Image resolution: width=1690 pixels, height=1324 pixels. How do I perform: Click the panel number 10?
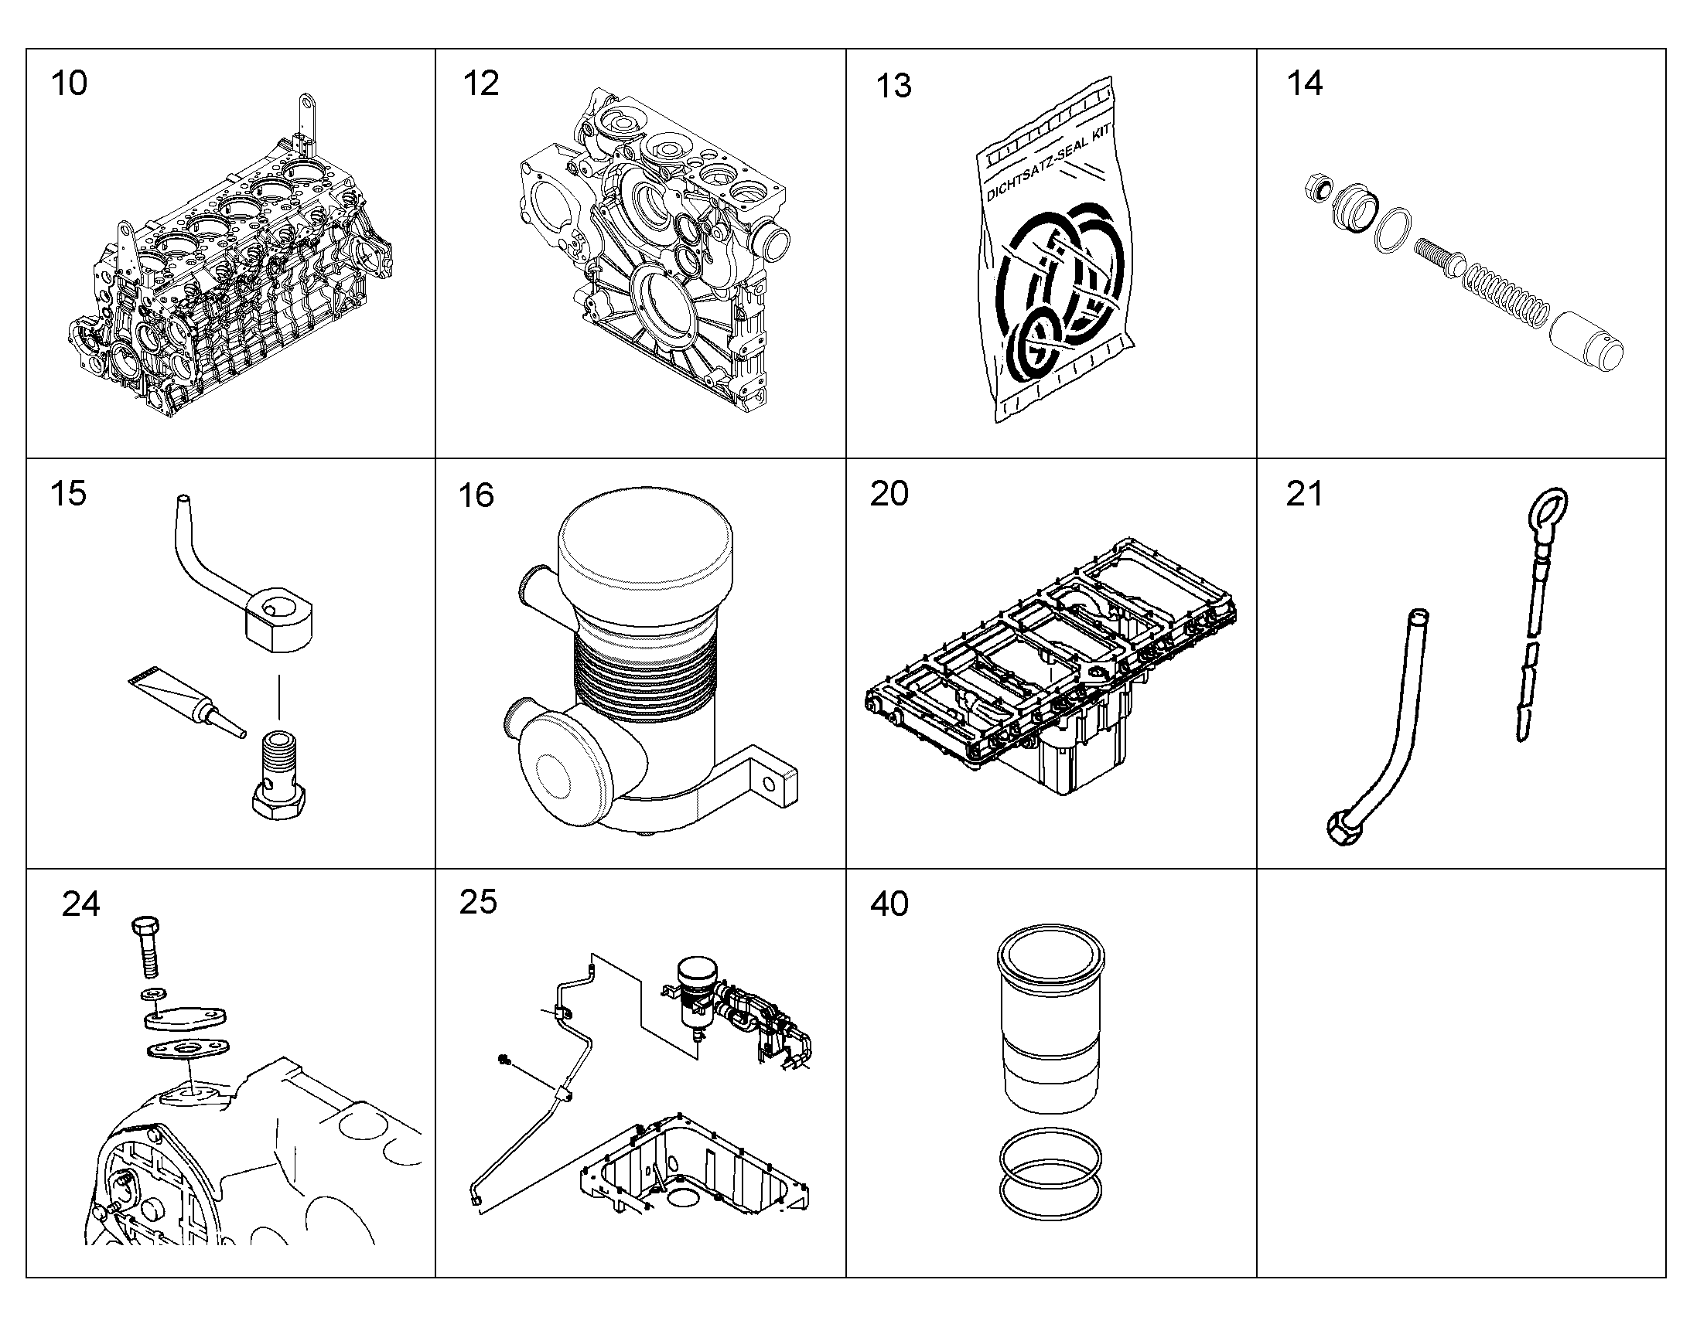point(69,83)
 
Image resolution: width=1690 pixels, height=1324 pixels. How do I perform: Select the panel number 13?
point(893,86)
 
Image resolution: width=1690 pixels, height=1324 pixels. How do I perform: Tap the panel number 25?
point(478,902)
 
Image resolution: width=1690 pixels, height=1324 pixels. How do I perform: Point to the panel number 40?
point(889,904)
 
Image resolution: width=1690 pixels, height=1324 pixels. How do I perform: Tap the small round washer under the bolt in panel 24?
point(150,995)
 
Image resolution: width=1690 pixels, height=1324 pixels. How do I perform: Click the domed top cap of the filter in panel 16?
point(645,546)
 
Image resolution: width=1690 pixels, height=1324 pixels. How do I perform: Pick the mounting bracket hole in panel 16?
point(769,786)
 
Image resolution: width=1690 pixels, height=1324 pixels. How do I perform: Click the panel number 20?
point(889,494)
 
